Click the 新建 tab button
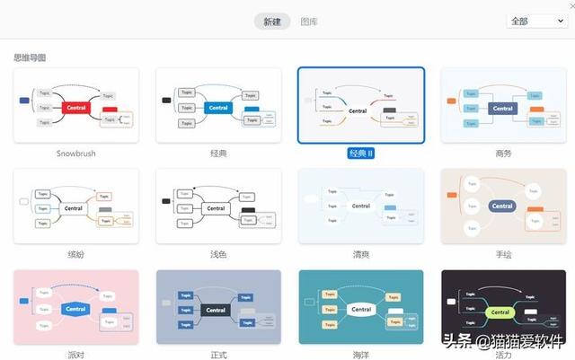point(272,22)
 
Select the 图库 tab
point(309,22)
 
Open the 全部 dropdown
point(536,21)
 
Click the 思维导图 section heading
point(30,57)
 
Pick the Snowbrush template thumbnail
point(76,105)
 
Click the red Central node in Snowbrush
point(76,108)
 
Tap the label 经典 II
point(360,154)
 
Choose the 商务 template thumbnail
point(502,105)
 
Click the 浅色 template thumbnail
point(218,206)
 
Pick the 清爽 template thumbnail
point(360,206)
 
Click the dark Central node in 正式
point(217,310)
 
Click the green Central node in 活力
point(500,312)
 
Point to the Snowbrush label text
point(76,154)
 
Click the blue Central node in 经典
point(217,108)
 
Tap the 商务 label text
point(502,154)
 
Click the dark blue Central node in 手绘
point(502,206)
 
